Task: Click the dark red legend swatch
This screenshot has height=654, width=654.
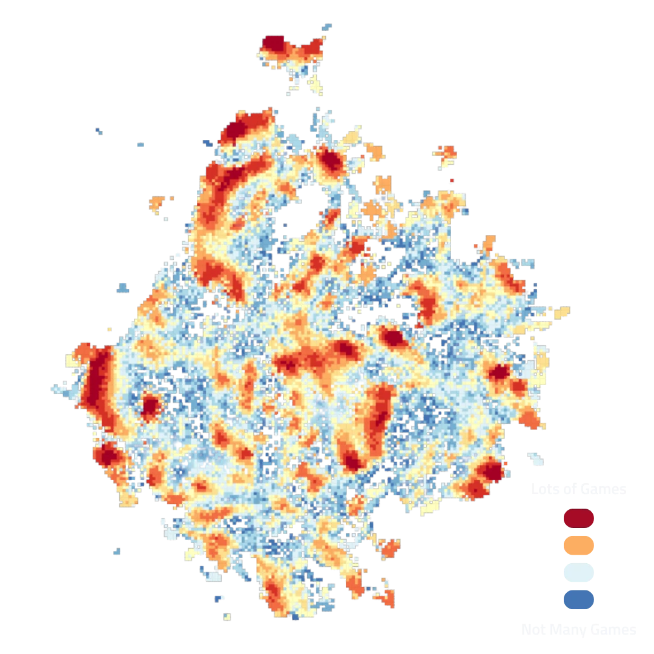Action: [578, 518]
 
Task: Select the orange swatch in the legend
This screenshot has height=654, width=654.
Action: [578, 546]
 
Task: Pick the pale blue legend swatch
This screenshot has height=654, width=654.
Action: [578, 573]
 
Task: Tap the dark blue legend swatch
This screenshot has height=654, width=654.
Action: [578, 600]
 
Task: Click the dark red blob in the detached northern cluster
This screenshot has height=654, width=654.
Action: [273, 44]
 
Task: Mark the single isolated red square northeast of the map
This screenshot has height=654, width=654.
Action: [452, 180]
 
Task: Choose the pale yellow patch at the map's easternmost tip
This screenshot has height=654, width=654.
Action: [562, 312]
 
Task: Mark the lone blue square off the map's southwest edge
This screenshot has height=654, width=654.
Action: [116, 552]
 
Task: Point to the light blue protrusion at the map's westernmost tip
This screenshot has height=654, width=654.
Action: [58, 386]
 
